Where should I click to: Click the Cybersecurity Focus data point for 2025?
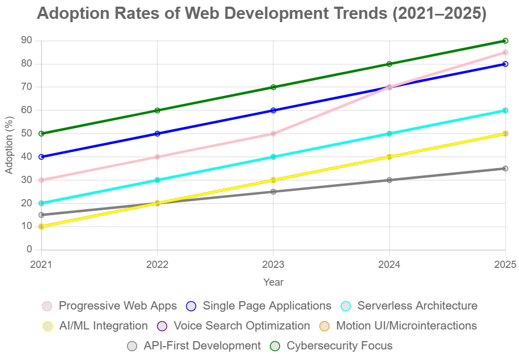coord(505,40)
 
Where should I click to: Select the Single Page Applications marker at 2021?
coord(42,157)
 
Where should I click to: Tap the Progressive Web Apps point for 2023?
coord(273,134)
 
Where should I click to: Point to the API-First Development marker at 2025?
coord(505,169)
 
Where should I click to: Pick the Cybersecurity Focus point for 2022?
coord(157,110)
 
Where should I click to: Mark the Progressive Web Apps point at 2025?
coord(505,52)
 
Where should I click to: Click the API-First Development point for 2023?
coord(273,192)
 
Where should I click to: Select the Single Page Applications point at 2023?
coord(273,110)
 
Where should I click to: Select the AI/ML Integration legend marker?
coord(48,326)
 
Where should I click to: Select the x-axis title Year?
coord(273,282)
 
